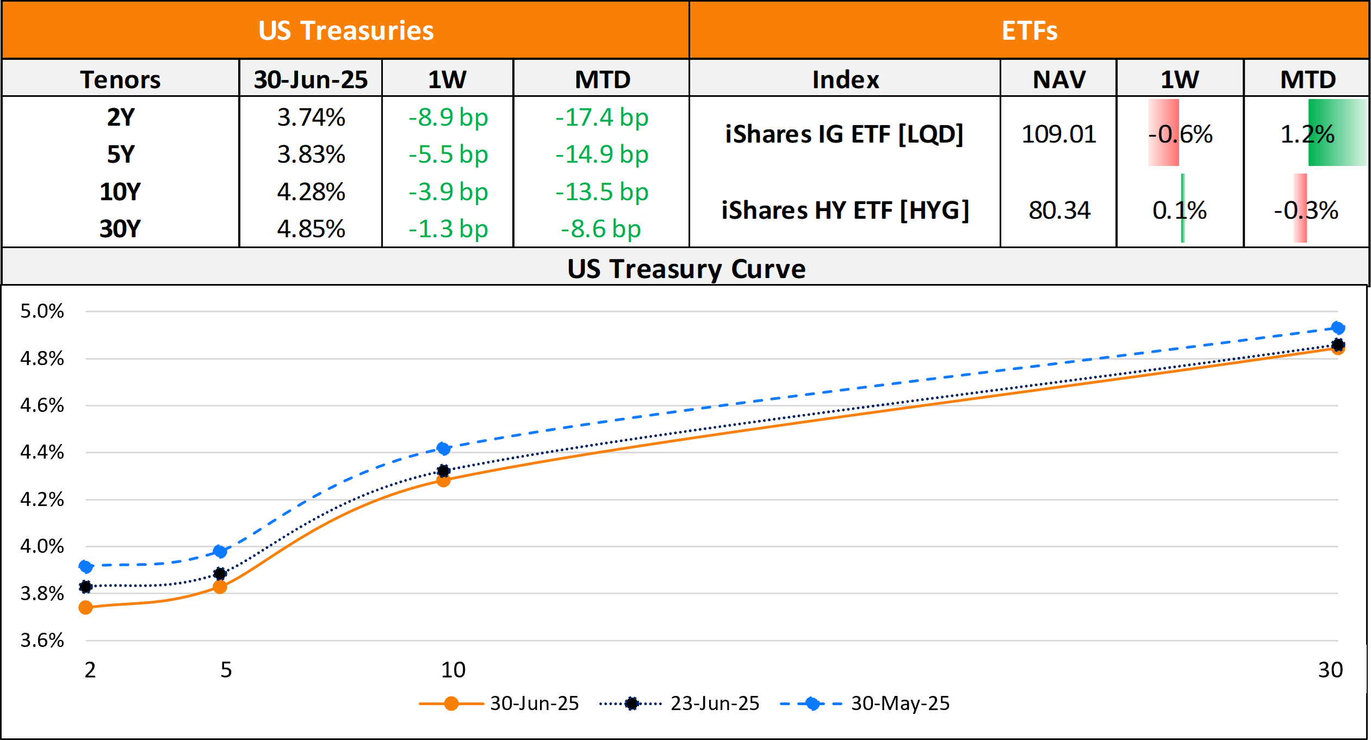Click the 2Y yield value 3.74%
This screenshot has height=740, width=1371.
(311, 118)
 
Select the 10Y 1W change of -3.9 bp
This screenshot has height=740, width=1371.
(448, 192)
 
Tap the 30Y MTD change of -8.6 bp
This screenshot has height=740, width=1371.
(601, 229)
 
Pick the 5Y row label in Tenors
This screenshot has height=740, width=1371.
(120, 155)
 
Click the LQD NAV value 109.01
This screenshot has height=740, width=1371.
(1058, 134)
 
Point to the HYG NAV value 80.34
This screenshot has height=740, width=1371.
(1059, 211)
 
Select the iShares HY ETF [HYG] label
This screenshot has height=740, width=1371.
(845, 211)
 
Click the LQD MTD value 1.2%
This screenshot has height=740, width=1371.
(1307, 134)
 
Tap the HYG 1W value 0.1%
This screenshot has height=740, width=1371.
(1179, 211)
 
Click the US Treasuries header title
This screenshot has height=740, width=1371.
(346, 30)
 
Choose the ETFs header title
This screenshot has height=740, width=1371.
(1029, 30)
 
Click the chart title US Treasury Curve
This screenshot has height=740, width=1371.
(686, 269)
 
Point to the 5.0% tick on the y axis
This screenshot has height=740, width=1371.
(42, 311)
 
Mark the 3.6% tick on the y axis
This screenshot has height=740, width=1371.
(42, 640)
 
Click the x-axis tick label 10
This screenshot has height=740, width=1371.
(453, 670)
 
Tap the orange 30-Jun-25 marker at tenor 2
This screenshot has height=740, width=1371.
(85, 607)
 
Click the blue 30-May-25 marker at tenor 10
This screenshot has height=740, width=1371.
(443, 448)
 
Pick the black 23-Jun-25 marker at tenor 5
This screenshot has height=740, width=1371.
(220, 573)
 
